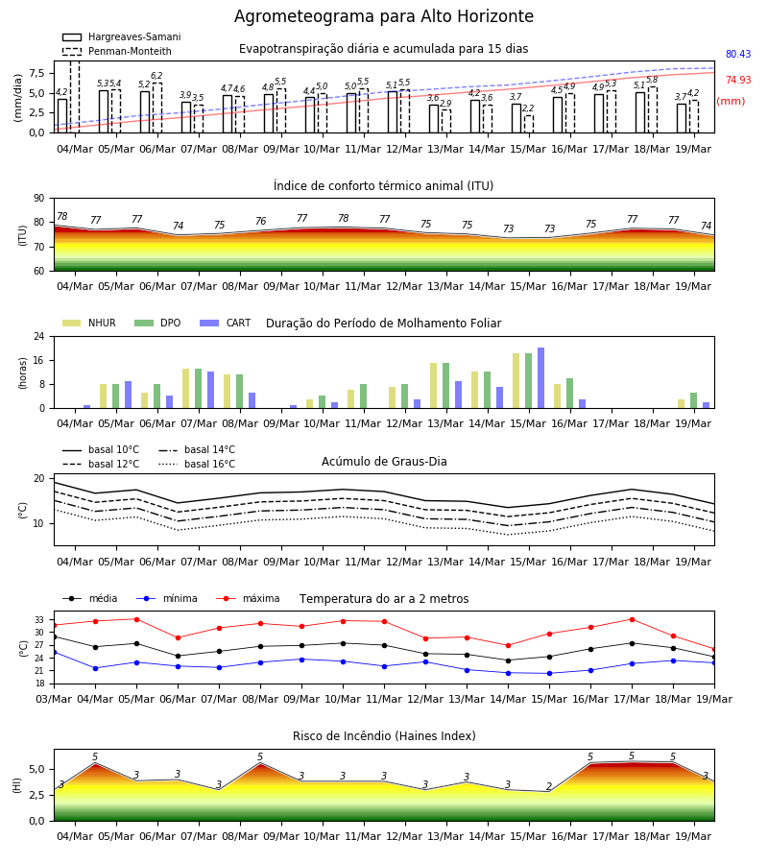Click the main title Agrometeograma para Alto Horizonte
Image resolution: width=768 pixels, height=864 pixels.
click(x=383, y=16)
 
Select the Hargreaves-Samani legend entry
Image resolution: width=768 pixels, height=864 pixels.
click(x=121, y=36)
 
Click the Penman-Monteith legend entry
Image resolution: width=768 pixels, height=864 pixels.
click(x=117, y=51)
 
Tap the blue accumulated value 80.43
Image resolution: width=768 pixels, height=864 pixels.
click(x=738, y=54)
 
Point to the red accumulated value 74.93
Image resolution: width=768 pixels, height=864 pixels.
click(x=738, y=80)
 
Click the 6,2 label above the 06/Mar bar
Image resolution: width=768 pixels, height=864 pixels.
click(x=157, y=76)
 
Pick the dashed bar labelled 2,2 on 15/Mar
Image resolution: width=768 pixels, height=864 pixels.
click(x=528, y=124)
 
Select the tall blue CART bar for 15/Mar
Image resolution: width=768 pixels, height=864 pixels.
click(x=541, y=378)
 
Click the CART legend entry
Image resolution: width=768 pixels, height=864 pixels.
click(x=225, y=323)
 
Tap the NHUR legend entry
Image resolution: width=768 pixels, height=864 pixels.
click(x=89, y=323)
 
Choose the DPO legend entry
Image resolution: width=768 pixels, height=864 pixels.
click(x=157, y=323)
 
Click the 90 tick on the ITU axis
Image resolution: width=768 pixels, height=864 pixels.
click(x=39, y=199)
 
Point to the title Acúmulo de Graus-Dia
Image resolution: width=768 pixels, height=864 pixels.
click(x=384, y=462)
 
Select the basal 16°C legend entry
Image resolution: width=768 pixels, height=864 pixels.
click(x=197, y=465)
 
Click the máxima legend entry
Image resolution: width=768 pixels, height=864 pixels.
click(x=248, y=599)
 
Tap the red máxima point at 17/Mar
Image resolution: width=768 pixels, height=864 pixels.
click(x=632, y=619)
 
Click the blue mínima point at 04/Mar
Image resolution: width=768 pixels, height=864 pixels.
click(x=95, y=668)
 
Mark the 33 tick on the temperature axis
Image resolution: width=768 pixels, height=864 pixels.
click(x=39, y=620)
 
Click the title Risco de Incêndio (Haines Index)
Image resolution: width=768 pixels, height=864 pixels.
click(x=384, y=736)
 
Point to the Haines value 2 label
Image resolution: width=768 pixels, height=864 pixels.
click(x=549, y=786)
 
